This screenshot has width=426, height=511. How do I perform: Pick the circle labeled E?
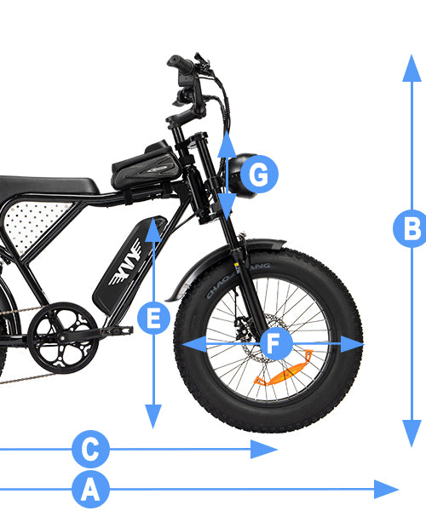pos(153,319)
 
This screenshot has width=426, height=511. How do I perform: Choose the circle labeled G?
pos(258,176)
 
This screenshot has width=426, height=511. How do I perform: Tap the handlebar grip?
pos(181,63)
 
